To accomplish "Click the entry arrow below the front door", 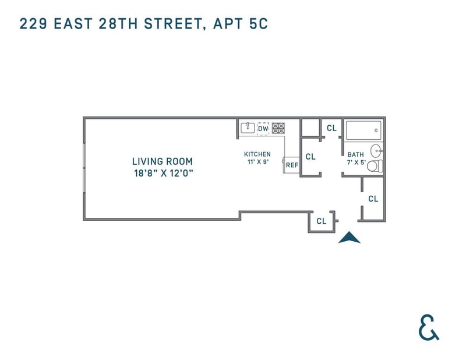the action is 349,238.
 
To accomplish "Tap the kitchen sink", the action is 248,128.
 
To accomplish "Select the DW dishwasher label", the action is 263,129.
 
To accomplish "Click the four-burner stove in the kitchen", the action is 278,128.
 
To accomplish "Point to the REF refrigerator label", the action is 292,165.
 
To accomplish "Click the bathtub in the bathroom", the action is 363,130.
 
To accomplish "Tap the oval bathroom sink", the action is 377,151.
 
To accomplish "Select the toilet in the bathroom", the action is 375,166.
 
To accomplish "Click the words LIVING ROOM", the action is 163,161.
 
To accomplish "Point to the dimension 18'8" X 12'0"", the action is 164,173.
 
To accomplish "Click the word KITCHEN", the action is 257,154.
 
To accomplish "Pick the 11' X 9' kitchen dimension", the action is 258,162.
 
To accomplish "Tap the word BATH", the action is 355,154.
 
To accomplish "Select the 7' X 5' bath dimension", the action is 356,163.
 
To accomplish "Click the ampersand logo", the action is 429,327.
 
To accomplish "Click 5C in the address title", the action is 259,24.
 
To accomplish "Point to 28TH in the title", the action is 118,24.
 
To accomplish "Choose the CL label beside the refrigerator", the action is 310,157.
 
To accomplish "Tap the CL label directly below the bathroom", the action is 373,199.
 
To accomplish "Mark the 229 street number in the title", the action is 33,24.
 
